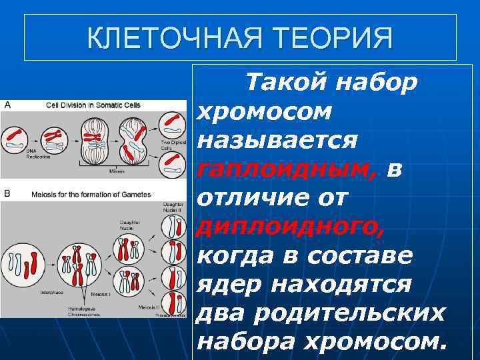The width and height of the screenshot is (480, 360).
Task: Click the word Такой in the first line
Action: tap(287, 83)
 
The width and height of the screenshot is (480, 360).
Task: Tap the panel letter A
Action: tap(7, 105)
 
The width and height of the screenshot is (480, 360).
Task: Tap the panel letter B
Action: tap(7, 193)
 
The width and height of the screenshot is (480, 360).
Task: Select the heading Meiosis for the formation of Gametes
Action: tap(91, 195)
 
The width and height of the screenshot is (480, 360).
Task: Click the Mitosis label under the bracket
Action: tap(117, 171)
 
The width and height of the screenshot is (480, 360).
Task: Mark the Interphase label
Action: tap(52, 291)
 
